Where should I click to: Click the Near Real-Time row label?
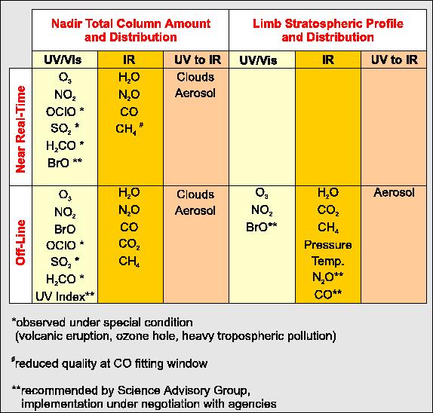click(x=20, y=129)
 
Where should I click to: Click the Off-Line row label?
click(x=20, y=243)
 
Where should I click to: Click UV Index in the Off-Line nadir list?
click(x=65, y=297)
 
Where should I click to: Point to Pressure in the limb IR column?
click(x=328, y=245)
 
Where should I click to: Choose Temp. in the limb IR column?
click(x=328, y=261)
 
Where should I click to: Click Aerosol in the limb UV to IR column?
click(x=394, y=192)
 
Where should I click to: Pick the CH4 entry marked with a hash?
click(x=130, y=128)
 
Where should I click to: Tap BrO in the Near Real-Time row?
click(x=65, y=163)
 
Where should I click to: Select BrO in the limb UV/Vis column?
click(x=262, y=227)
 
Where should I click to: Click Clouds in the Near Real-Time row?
click(x=195, y=77)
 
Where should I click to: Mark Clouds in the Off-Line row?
click(x=195, y=194)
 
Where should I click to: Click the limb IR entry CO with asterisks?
click(x=328, y=294)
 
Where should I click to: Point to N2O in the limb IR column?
click(x=328, y=277)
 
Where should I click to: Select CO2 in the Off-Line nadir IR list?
click(x=129, y=244)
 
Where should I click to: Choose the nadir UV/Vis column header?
click(x=63, y=60)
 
